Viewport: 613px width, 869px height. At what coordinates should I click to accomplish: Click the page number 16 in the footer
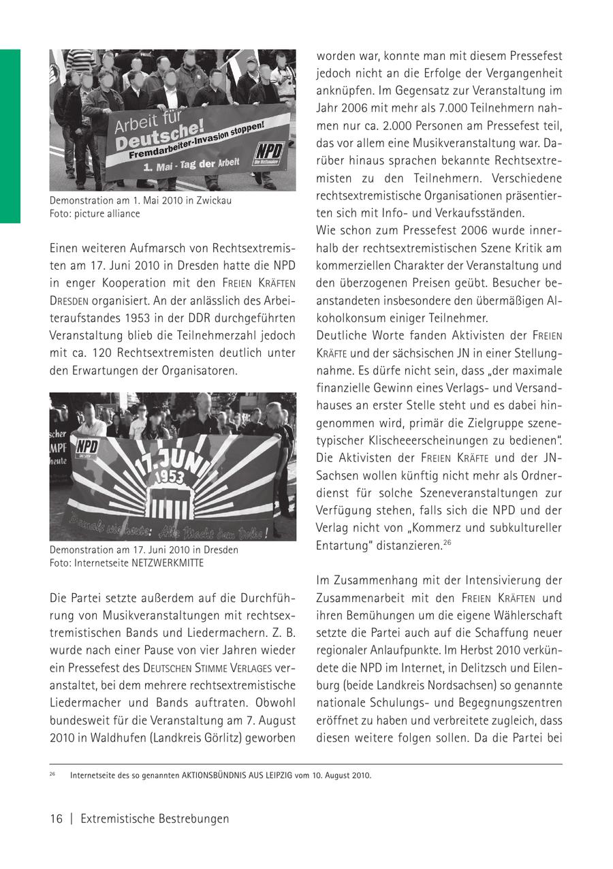click(x=56, y=819)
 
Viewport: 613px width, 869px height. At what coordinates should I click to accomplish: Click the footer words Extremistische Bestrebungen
click(x=155, y=819)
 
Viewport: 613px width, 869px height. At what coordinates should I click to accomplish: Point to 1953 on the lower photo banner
click(x=168, y=476)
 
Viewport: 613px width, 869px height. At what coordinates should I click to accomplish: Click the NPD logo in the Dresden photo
click(x=87, y=446)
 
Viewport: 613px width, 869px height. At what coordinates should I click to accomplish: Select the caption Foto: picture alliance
click(x=95, y=214)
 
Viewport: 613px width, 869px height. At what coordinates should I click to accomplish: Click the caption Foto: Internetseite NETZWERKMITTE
click(x=127, y=563)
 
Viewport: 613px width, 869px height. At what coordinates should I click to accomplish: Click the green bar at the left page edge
click(x=10, y=136)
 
